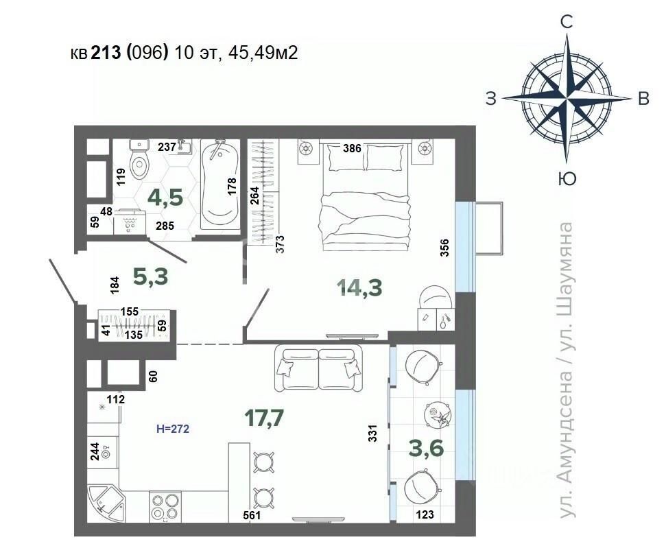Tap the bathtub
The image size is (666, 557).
[x=219, y=184]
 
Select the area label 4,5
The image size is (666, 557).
[x=165, y=198]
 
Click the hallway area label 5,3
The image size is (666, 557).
[x=150, y=276]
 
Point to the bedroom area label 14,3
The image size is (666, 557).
[x=359, y=287]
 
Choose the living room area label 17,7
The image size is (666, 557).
[x=264, y=418]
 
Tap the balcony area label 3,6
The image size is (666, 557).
[x=426, y=448]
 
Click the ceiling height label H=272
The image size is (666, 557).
[x=173, y=429]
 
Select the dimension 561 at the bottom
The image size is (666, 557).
[x=252, y=515]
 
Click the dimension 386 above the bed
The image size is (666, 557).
[x=352, y=148]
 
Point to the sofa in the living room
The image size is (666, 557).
[x=318, y=368]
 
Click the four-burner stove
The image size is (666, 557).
[x=166, y=506]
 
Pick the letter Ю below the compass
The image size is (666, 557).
[x=567, y=179]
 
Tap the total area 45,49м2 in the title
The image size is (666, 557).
[x=263, y=53]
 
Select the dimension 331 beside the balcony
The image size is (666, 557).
[x=373, y=434]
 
